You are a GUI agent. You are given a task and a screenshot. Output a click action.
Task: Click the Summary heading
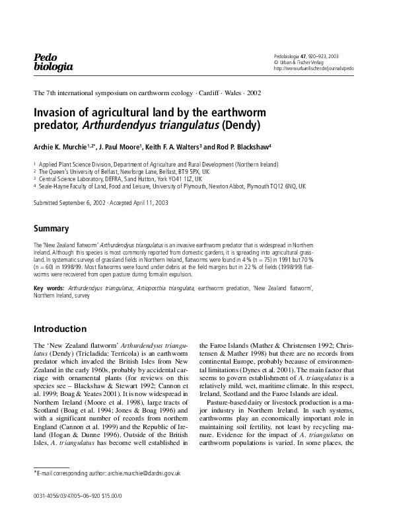click(x=52, y=229)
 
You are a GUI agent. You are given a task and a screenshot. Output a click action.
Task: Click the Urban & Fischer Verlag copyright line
click(x=300, y=62)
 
